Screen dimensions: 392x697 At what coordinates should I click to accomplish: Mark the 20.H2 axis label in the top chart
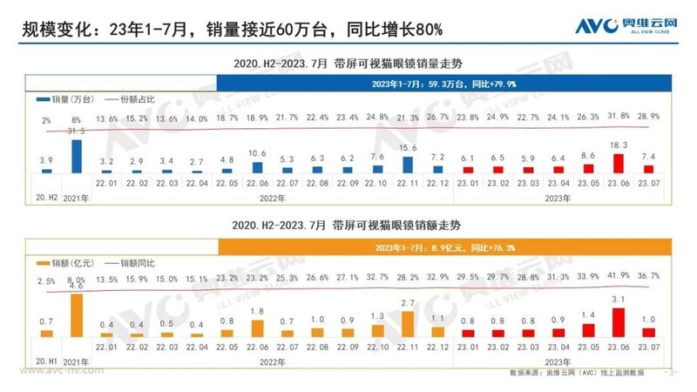tap(47, 185)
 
